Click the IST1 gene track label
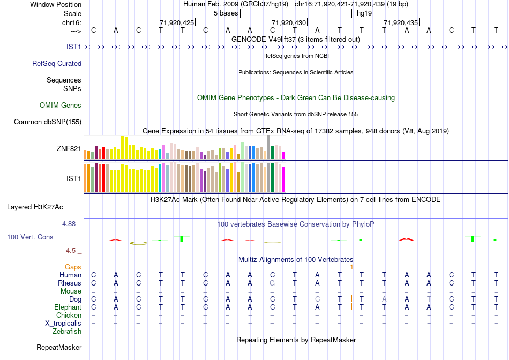click(74, 47)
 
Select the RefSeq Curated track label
click(57, 63)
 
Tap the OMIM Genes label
click(61, 106)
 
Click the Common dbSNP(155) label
click(48, 122)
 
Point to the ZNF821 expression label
click(69, 149)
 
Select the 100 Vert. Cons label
click(30, 237)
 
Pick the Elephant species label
click(68, 307)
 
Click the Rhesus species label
click(70, 283)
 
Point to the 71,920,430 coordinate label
click(289, 22)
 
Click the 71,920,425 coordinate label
click(177, 22)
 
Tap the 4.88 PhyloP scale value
click(72, 224)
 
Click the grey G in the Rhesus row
click(272, 283)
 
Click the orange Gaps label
click(73, 267)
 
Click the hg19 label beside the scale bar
click(364, 13)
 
